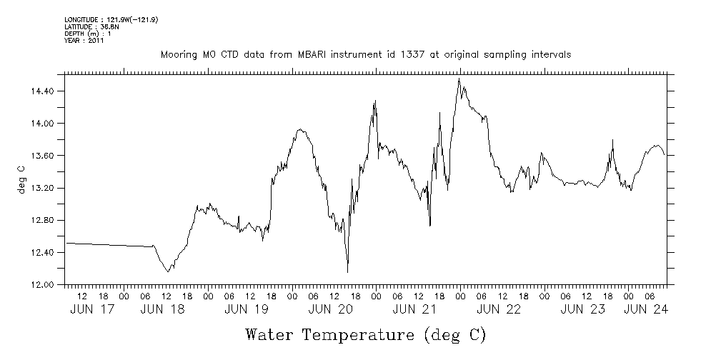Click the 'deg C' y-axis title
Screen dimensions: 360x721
21,179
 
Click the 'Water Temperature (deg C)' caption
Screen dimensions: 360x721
365,334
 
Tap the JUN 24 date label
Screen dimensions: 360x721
645,309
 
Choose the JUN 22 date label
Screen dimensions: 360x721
499,309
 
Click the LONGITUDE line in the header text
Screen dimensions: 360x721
111,19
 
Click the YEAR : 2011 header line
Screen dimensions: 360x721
84,41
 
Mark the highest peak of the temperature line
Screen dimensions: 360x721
459,79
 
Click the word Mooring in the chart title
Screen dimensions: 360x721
178,55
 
